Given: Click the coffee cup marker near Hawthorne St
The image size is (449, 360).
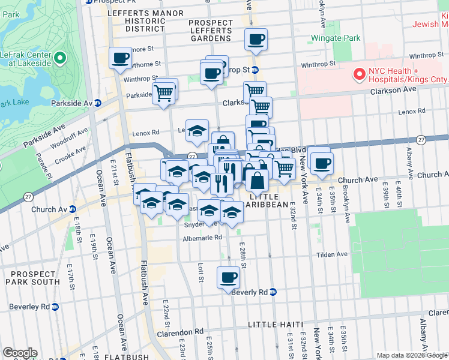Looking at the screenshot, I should click(x=120, y=58).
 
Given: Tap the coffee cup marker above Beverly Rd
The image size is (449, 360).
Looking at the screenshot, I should click(x=228, y=278).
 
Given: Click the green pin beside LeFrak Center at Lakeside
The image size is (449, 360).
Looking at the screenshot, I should click(x=59, y=58).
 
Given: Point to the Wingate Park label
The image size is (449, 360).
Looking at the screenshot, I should click(x=336, y=38).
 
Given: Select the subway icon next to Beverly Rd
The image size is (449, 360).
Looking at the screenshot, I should click(x=273, y=292).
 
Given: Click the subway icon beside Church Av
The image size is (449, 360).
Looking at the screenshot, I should click(x=72, y=209).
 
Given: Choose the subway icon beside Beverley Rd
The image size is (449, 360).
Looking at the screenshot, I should click(x=55, y=306).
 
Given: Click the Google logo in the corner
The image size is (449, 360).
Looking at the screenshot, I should click(x=20, y=353).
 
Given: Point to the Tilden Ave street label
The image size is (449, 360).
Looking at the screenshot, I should click(x=333, y=254).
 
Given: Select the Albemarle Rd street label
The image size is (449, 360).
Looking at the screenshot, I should click(x=203, y=238).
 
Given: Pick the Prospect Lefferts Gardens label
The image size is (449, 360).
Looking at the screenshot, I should click(x=210, y=31).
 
